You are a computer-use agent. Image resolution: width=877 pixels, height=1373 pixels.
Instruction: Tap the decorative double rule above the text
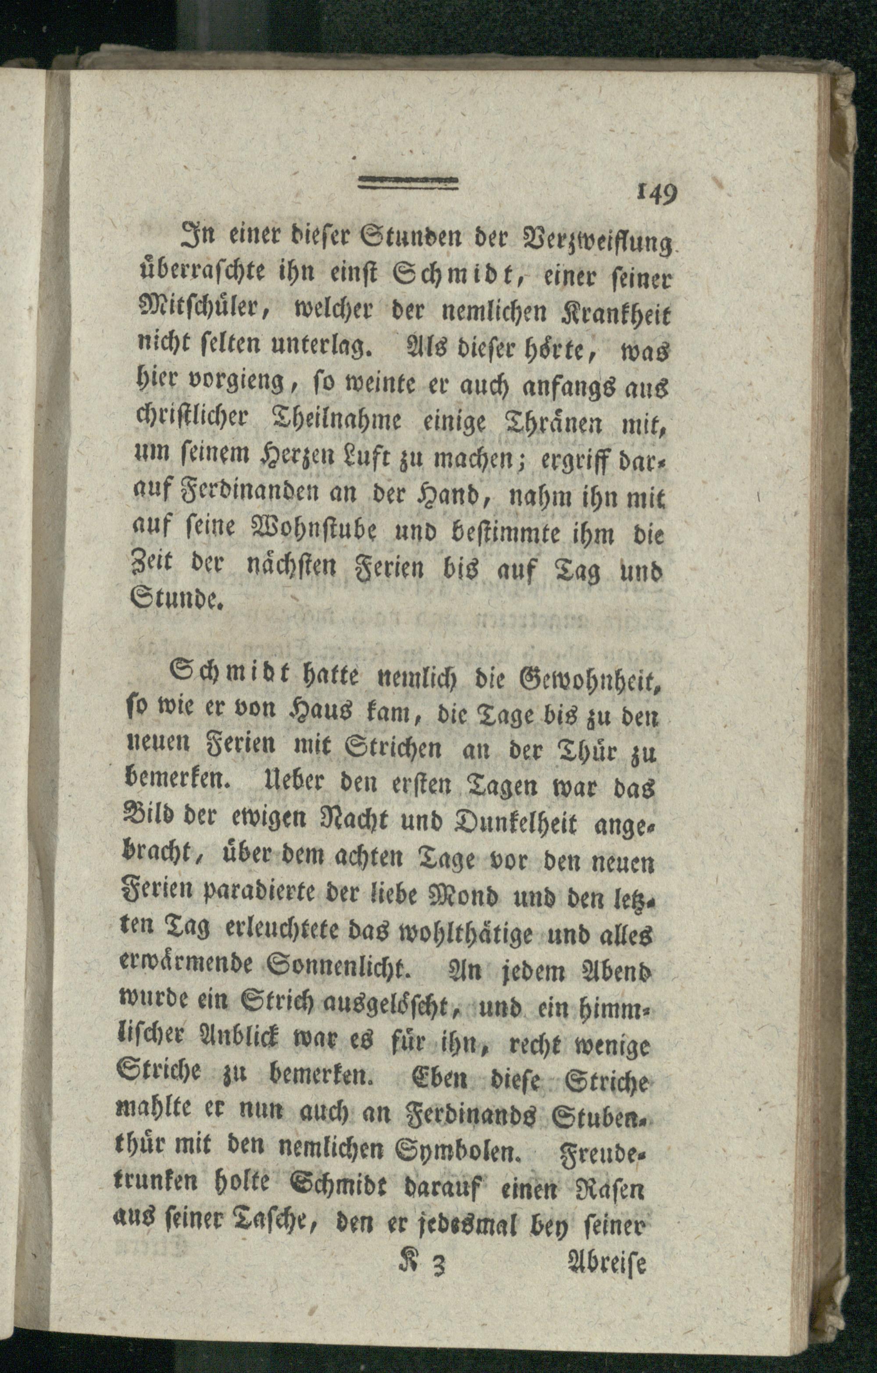click(408, 182)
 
